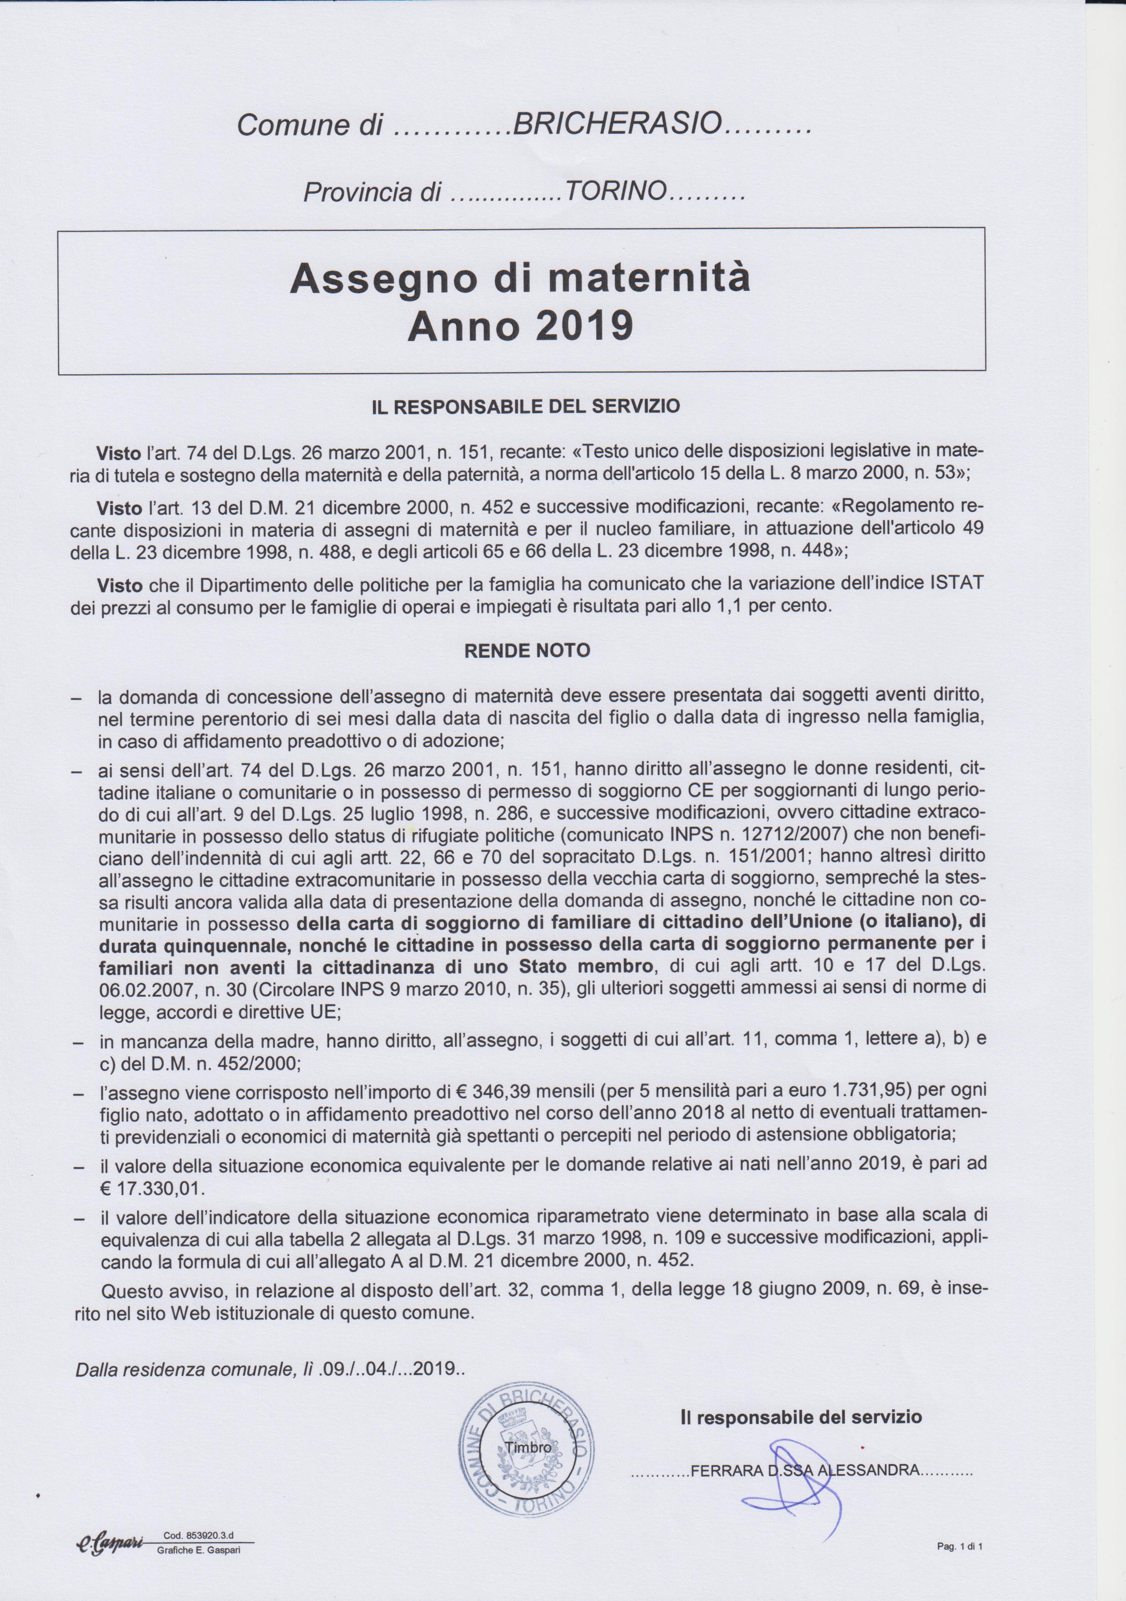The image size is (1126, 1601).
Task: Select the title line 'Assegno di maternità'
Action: [520, 279]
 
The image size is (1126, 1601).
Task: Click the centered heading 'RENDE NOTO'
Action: [526, 651]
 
